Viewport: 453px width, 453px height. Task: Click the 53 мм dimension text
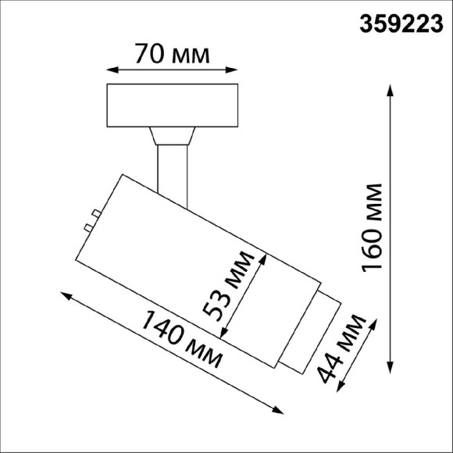pos(227,284)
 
